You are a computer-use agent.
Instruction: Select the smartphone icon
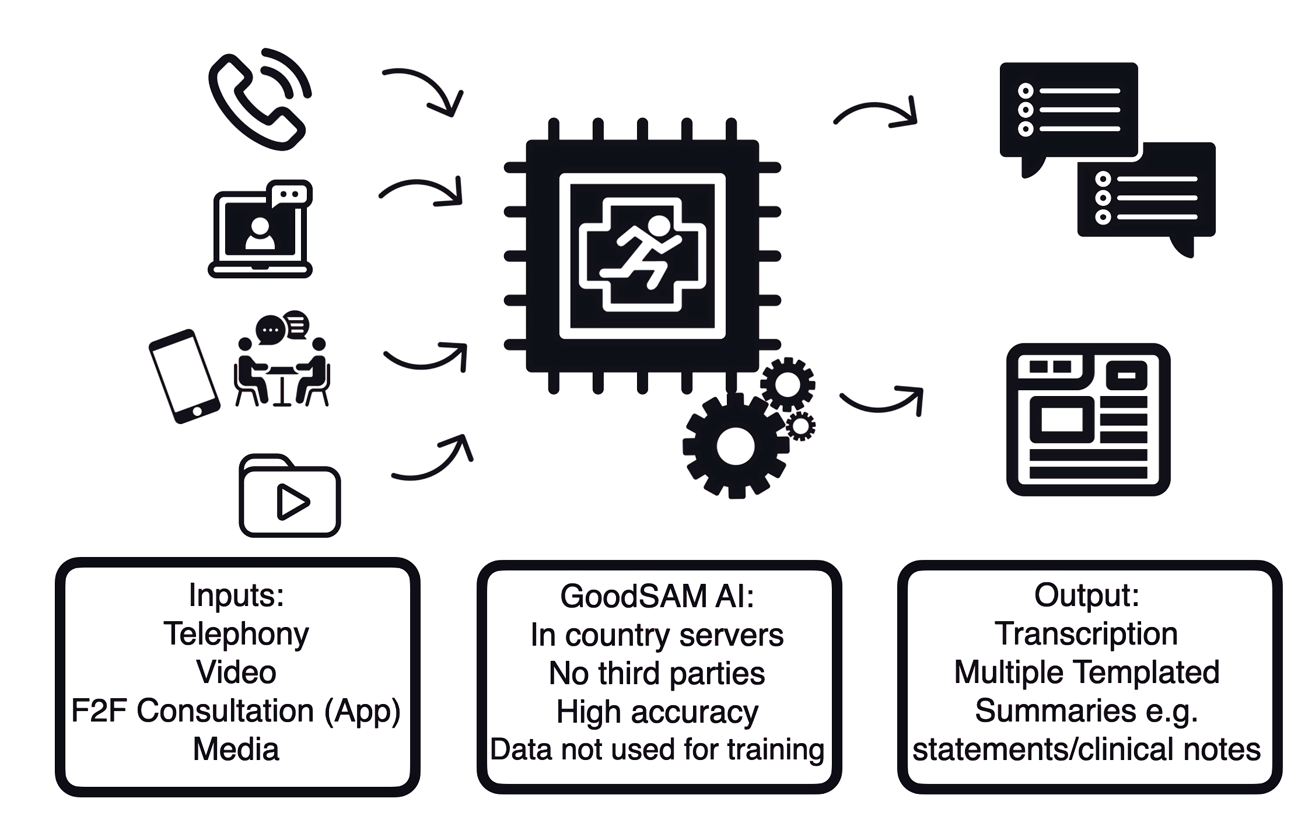[184, 376]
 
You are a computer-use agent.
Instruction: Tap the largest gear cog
[735, 446]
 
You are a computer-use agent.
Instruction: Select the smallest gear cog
[801, 426]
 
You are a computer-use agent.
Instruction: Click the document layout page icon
[1088, 420]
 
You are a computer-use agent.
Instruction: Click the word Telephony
[236, 634]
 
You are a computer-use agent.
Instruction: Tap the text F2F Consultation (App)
[236, 711]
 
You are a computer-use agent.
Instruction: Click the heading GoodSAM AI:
[657, 597]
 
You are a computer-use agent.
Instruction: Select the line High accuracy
[657, 712]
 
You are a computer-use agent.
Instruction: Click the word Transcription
[1086, 634]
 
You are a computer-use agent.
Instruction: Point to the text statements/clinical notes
[1086, 750]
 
